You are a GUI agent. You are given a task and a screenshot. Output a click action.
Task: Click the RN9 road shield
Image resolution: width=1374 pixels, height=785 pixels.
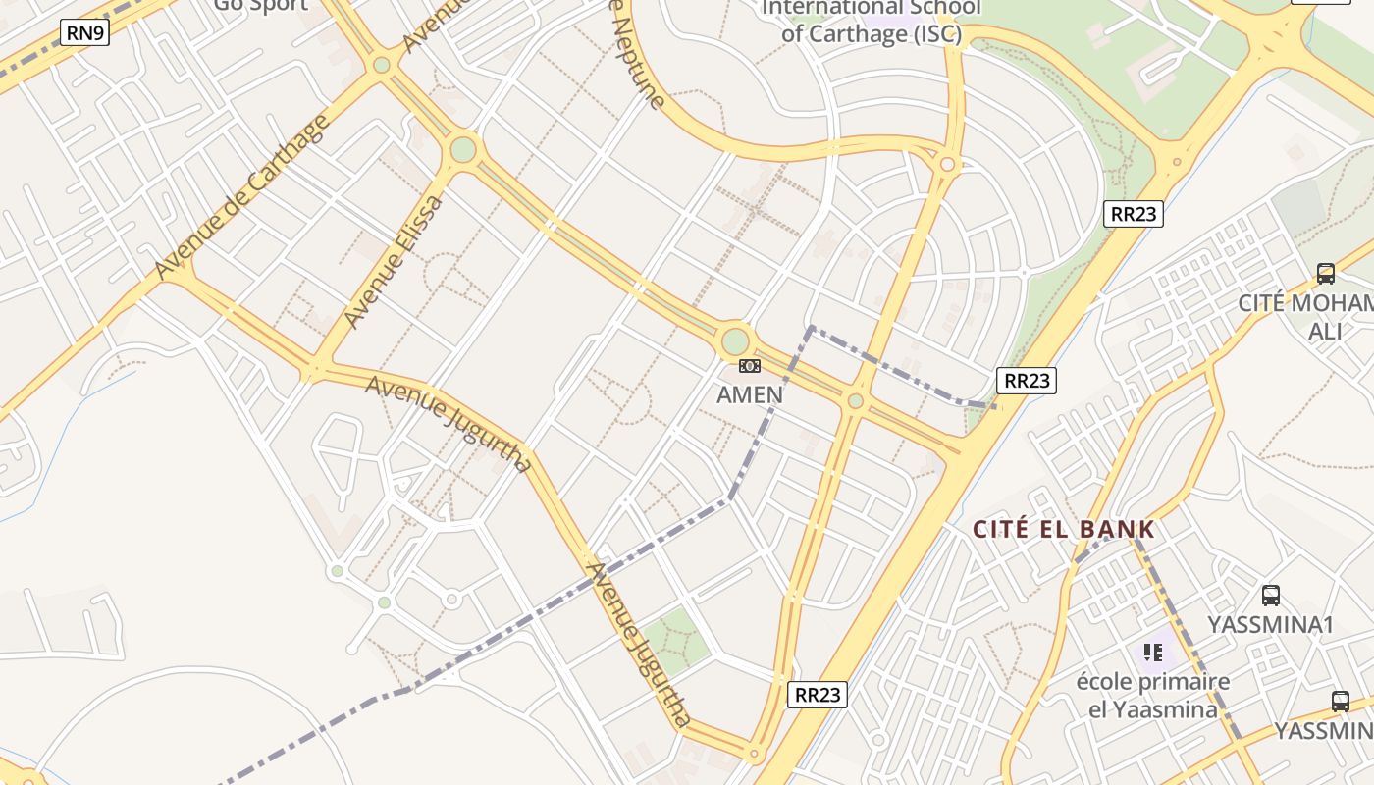tap(84, 32)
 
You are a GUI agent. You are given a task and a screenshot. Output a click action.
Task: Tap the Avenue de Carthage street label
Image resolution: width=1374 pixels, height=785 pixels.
tap(242, 197)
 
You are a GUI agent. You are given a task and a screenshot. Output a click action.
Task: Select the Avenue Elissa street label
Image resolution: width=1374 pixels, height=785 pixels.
tap(394, 262)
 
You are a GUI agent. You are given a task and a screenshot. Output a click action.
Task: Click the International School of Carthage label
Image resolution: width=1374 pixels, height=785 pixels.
tap(872, 22)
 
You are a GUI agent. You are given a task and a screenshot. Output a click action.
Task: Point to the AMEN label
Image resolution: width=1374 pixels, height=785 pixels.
tap(750, 394)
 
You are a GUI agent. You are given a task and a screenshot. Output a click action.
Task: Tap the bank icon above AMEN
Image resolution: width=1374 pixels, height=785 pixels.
tap(750, 366)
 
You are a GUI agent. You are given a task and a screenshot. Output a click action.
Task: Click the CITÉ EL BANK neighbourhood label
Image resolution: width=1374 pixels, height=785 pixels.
tap(1064, 530)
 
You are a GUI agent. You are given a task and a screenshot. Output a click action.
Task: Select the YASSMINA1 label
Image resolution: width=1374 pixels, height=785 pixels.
tap(1271, 625)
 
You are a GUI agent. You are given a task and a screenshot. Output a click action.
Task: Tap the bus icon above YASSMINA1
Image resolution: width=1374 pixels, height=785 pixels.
tap(1271, 595)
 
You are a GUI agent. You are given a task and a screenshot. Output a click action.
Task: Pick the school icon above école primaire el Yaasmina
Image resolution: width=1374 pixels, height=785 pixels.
tap(1153, 652)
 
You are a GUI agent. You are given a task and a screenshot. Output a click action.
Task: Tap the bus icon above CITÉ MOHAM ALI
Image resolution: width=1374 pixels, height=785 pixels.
tap(1326, 274)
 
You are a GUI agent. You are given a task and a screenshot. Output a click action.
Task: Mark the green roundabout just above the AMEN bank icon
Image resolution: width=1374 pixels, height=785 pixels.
tap(735, 342)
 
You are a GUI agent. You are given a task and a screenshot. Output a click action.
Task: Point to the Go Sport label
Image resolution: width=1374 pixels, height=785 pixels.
tap(260, 6)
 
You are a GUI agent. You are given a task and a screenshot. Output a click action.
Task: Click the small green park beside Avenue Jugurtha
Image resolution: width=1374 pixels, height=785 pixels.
tap(674, 636)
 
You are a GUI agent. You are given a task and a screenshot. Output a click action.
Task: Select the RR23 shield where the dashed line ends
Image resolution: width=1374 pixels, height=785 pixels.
tap(1026, 381)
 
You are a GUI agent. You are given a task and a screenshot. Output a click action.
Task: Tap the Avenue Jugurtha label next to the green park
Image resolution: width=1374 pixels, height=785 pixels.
tap(638, 643)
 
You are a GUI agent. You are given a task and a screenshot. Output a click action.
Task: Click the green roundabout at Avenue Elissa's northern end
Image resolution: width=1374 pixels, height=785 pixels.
tap(463, 150)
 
